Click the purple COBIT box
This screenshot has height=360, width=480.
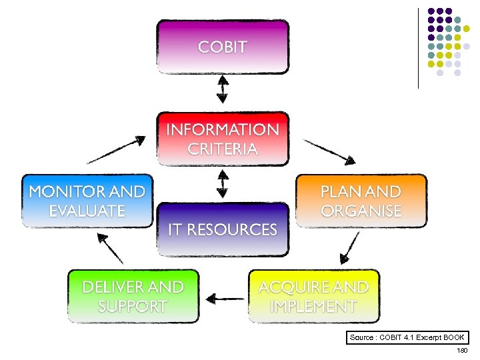(223, 47)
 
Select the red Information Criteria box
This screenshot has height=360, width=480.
(223, 139)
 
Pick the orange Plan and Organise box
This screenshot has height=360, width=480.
(361, 201)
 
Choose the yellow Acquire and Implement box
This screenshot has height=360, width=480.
(313, 296)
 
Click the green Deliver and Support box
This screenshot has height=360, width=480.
(133, 296)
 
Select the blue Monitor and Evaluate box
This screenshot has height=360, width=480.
(87, 201)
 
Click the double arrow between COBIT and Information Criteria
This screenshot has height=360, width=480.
(223, 89)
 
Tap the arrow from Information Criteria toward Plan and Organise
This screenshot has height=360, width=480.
(329, 151)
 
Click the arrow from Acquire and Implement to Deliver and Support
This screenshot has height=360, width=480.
(225, 297)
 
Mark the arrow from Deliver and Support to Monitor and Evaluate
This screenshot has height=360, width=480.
(110, 248)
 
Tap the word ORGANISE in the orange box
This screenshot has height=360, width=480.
(361, 211)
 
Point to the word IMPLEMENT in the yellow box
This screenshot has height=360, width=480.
(313, 306)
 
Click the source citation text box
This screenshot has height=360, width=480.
(407, 337)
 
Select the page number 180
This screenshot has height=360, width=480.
(462, 350)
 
